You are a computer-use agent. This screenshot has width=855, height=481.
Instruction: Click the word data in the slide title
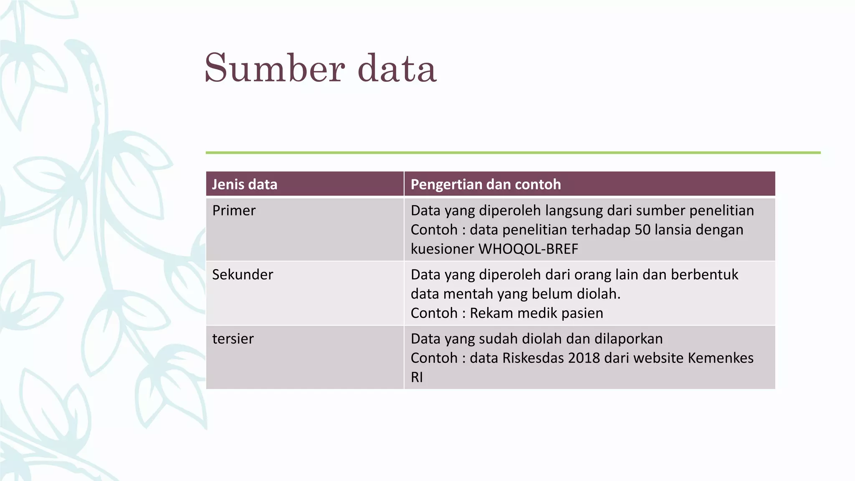pos(397,68)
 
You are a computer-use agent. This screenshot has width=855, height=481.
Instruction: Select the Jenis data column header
pos(245,184)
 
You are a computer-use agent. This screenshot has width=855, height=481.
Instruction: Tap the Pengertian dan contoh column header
pos(486,184)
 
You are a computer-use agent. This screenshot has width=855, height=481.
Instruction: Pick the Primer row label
pos(234,210)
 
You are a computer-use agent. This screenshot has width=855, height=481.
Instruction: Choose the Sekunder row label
pos(243,274)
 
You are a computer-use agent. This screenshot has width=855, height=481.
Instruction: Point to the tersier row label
pos(233,339)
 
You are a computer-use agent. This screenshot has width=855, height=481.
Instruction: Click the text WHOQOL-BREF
pos(528,249)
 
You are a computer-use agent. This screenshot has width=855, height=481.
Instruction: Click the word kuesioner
pos(443,249)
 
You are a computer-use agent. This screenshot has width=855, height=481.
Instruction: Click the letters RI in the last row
pos(417,377)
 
